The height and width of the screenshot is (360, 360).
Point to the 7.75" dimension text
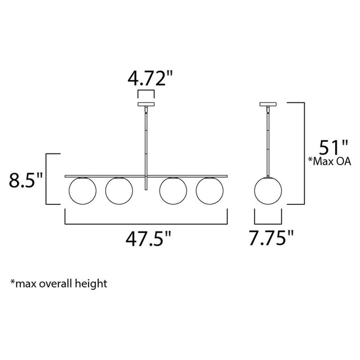271,239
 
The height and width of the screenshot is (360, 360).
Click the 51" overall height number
332,149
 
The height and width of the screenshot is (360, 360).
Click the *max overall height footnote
58,284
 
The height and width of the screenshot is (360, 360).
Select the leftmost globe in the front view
82,190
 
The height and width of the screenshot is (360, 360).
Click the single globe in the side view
270,190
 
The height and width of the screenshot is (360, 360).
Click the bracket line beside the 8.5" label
48,178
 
